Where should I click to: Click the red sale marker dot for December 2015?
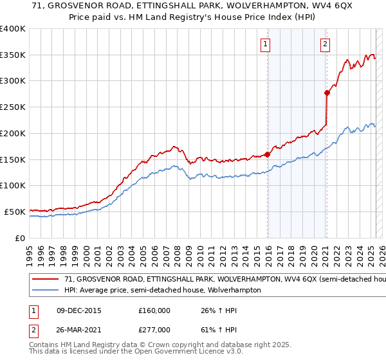tap(268, 154)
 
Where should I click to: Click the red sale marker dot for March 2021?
tap(326, 93)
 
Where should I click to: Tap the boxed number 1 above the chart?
tap(265, 44)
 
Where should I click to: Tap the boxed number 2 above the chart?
tap(325, 44)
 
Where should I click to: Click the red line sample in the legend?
tap(46, 280)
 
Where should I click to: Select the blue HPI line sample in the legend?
tap(46, 291)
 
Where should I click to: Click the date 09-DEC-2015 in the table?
tap(79, 310)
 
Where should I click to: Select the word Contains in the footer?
tap(45, 346)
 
